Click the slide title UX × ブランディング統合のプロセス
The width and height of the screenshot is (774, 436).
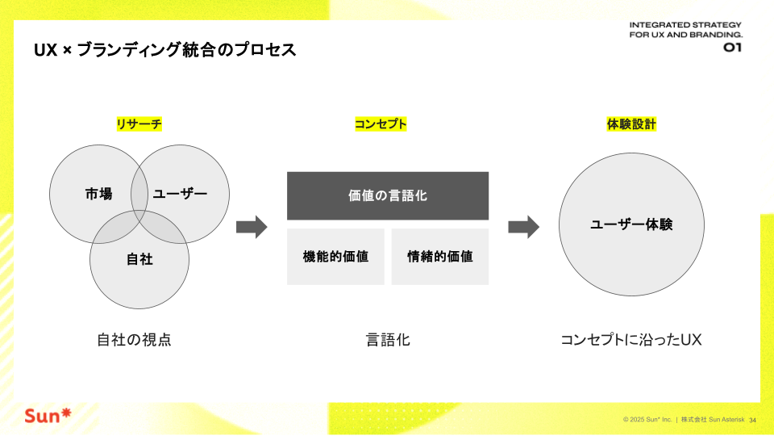pos(164,50)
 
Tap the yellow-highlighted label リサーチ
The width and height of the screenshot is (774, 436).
pos(139,124)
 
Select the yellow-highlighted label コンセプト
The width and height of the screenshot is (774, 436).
pos(381,124)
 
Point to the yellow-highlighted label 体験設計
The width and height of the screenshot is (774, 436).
pos(631,124)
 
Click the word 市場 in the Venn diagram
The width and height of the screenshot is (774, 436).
pos(98,194)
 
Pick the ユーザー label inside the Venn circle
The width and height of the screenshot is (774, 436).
pos(180,194)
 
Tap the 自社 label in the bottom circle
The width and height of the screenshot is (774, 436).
pos(139,259)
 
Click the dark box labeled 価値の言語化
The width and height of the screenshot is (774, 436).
pos(388,195)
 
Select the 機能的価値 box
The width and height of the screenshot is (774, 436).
pos(335,257)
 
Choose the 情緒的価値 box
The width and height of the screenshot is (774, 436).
pos(440,257)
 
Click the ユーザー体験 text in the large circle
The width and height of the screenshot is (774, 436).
pos(631,224)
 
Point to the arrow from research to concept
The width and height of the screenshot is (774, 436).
pos(252,227)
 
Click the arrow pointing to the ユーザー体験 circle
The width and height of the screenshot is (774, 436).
pos(524,227)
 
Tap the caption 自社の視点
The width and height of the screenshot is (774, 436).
pos(135,340)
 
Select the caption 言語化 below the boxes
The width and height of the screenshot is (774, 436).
pos(388,340)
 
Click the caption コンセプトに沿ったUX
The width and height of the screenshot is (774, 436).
pos(631,340)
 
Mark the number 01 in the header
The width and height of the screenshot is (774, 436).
pos(733,48)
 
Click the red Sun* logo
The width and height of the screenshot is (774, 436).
pos(48,416)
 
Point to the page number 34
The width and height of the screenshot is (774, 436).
pos(752,420)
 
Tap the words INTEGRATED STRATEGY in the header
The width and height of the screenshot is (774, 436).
pos(685,25)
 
